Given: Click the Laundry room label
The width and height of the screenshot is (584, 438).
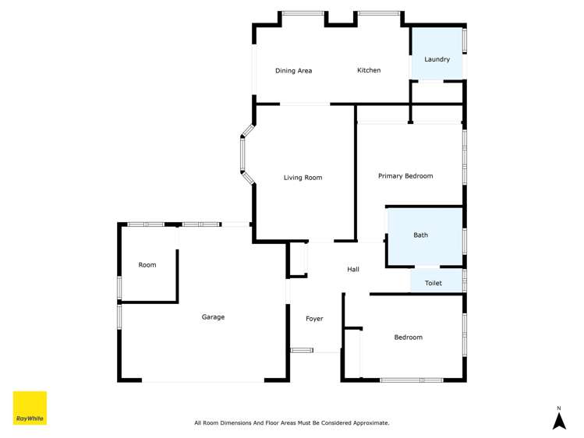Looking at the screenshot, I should coord(437,59).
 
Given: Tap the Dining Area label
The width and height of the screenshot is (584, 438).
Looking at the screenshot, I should coord(293,71).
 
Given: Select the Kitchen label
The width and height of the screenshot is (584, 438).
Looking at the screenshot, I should coord(369,70).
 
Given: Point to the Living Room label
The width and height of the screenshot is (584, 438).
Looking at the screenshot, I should coord(303,178).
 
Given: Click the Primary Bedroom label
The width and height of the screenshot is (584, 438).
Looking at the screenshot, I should coord(405,176).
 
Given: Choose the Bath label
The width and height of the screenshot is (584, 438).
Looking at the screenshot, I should coord(420,235).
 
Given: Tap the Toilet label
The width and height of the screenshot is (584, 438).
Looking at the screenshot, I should coord(433,283).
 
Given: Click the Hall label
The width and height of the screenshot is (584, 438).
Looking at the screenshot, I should coord(353,270).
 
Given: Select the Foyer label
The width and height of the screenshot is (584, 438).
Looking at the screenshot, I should coord(314,319).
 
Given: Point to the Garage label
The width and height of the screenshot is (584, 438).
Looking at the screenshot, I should coord(213,317).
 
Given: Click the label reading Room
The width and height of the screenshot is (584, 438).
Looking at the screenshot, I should coord(147,265).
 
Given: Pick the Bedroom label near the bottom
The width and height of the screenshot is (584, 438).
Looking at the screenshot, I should coord(408,337).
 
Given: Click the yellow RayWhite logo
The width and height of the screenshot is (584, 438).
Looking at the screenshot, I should coord(30,408).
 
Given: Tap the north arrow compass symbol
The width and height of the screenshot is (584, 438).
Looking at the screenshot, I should coord(558,421).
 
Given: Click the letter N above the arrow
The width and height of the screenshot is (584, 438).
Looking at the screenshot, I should coord(558,408).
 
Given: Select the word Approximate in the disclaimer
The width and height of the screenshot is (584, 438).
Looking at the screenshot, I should coord(370,423).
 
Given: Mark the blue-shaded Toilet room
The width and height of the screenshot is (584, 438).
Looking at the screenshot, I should coord(436,281).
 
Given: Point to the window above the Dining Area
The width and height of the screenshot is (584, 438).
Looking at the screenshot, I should coord(303,13).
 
